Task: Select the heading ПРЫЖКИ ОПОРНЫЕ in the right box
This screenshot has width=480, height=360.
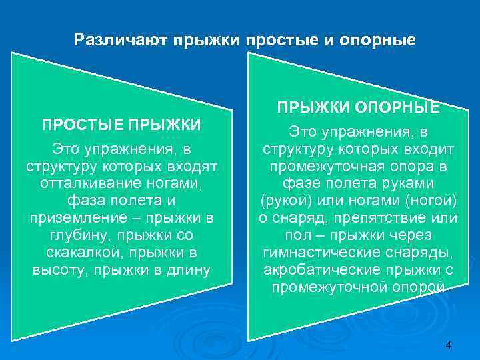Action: (x=358, y=107)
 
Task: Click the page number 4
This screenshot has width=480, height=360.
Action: (x=448, y=345)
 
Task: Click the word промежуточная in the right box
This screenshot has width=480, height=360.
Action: (x=327, y=165)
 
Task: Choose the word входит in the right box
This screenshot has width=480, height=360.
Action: (x=425, y=148)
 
